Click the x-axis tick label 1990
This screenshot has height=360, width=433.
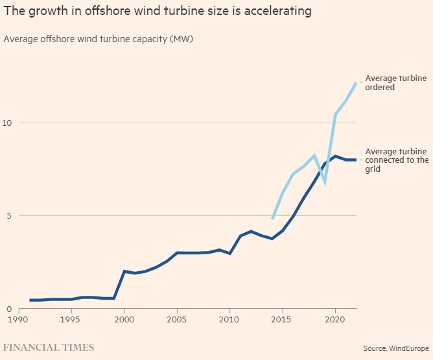click(x=19, y=319)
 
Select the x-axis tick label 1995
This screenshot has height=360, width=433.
click(x=71, y=319)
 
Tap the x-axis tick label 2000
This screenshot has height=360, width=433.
click(x=124, y=319)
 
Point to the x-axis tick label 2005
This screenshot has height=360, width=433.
click(x=177, y=319)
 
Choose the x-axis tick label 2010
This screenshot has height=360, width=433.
click(x=229, y=319)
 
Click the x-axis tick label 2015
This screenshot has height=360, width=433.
click(x=282, y=319)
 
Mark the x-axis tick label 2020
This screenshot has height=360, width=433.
click(x=335, y=319)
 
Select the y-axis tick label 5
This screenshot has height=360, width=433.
click(x=8, y=215)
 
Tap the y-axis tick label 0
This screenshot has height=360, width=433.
click(x=8, y=309)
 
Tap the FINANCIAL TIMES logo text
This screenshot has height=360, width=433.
click(x=49, y=348)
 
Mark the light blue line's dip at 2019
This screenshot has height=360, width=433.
click(x=325, y=182)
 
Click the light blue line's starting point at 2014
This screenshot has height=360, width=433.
click(x=272, y=219)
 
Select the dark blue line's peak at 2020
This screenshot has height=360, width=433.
click(x=335, y=156)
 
